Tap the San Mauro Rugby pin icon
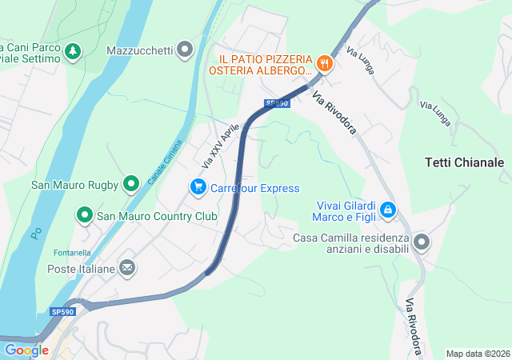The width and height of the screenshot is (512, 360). (x=132, y=185)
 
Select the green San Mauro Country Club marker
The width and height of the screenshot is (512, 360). (x=84, y=215)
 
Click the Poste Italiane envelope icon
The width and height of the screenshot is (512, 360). (x=127, y=268)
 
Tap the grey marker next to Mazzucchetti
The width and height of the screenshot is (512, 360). (x=186, y=50)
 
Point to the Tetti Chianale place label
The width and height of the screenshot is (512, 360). (x=464, y=162)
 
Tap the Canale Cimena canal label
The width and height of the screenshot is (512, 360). (x=166, y=162)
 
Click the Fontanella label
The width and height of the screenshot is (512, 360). (x=71, y=252)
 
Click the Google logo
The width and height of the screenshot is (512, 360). (x=26, y=350)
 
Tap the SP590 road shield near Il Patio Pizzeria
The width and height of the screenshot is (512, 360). (x=276, y=103)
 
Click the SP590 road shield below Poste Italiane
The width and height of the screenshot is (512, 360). (x=62, y=311)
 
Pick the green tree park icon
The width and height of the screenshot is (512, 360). (x=73, y=51)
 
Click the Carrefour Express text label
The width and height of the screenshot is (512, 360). (x=254, y=188)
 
